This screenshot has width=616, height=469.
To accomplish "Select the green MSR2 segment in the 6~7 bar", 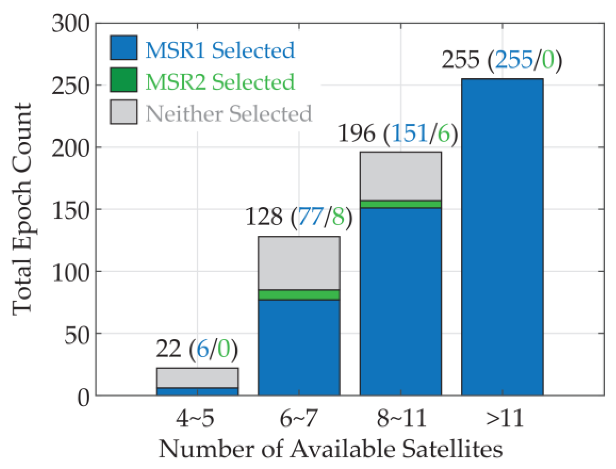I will [x=299, y=295].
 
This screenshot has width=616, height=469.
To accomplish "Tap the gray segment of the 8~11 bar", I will [x=401, y=176].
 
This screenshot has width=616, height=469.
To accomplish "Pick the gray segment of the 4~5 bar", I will [x=197, y=378].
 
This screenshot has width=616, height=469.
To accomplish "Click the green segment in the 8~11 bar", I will [x=401, y=204].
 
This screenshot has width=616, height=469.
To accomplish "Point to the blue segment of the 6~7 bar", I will [x=299, y=347].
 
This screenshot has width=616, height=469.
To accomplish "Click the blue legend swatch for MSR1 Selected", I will [x=123, y=48].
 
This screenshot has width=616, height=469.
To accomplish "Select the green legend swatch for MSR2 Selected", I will [x=123, y=80].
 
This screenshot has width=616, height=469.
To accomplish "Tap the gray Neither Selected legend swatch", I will [x=123, y=112].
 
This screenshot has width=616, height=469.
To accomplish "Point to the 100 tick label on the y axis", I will [x=70, y=272].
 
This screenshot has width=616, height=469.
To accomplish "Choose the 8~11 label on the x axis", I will [x=401, y=418].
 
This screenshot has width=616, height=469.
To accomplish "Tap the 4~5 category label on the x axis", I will [x=195, y=418].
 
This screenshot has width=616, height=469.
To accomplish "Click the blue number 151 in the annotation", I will [x=409, y=134].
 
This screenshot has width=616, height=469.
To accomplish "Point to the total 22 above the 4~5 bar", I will [x=169, y=349].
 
